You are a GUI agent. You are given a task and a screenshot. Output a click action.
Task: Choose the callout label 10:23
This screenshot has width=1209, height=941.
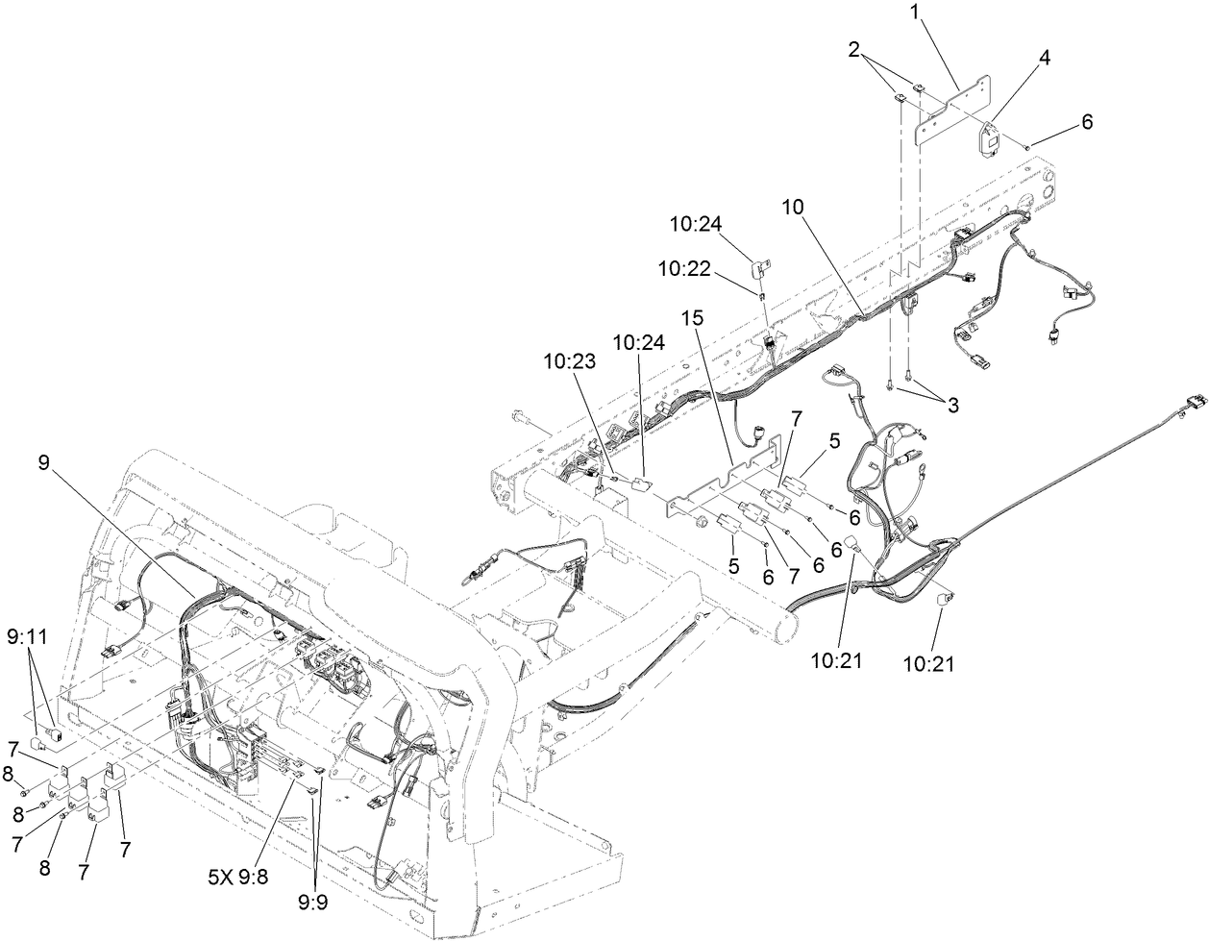point(567,362)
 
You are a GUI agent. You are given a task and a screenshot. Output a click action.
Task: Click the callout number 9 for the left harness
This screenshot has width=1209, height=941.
point(43,460)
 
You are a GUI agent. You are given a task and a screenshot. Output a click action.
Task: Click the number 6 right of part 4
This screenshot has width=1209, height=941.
point(1087,122)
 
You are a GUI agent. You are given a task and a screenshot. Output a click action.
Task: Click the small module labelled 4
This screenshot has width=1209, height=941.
point(989,137)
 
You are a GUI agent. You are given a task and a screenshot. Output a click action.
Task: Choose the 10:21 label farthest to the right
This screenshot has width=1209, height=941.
point(930,662)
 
